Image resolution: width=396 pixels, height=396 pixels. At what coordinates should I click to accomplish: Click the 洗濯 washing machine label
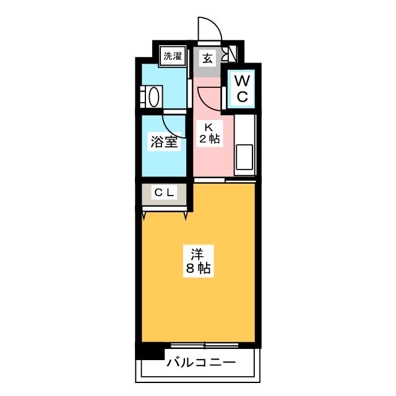tap(173, 56)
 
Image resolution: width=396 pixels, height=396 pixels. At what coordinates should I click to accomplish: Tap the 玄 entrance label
tap(207, 58)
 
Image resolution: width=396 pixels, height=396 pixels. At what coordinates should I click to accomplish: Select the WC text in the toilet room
tap(242, 88)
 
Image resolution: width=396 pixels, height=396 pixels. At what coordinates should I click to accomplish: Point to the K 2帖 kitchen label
tap(209, 134)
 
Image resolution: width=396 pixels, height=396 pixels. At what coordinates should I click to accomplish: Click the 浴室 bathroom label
tap(164, 142)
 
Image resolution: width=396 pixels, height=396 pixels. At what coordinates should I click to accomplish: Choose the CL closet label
tap(164, 193)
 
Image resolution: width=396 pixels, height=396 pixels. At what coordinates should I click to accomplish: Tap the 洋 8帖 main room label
tap(198, 261)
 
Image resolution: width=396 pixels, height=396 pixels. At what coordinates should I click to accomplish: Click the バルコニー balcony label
tap(201, 363)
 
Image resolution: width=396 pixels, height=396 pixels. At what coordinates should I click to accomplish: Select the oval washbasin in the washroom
tap(154, 97)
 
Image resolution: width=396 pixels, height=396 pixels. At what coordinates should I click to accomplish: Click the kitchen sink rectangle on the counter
tap(244, 157)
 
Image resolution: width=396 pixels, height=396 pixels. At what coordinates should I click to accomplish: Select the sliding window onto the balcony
tap(205, 345)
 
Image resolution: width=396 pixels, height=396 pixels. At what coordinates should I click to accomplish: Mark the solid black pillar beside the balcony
tap(150, 351)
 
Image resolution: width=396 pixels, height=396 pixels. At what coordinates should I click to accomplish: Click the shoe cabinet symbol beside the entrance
tap(230, 54)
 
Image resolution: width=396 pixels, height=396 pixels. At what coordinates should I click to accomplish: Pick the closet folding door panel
tap(165, 209)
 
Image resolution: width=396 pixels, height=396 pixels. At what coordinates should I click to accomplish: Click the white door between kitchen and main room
tap(209, 180)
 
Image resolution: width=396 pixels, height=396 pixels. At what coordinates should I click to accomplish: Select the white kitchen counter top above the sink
tap(244, 129)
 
